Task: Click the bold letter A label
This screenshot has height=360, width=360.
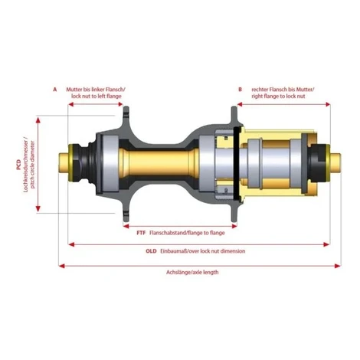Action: pos(55,90)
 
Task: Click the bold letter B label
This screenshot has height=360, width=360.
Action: pos(240,90)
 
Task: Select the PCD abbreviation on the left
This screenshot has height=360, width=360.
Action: pos(18,165)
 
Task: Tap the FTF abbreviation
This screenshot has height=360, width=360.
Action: pos(141,233)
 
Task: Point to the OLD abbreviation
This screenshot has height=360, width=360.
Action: pos(151,251)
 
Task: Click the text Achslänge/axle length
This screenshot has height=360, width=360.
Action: pos(192,272)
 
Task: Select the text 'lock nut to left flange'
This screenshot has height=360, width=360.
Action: pos(97,97)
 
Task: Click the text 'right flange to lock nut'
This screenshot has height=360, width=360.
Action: pos(278,97)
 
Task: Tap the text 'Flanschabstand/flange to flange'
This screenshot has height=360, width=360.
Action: pos(187,233)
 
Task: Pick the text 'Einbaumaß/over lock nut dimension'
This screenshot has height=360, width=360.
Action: pos(203,251)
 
